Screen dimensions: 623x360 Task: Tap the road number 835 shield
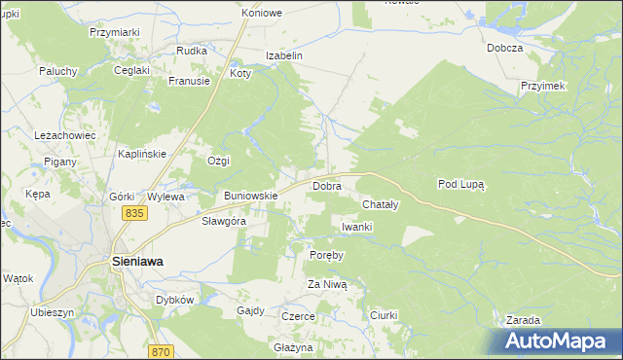coord(134,213)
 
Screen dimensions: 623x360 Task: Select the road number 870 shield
coord(162,351)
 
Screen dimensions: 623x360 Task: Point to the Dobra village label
coord(326,185)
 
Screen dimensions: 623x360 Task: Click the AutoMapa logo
coord(559,340)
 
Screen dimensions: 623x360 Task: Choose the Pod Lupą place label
coord(461,183)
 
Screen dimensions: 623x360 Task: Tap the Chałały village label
coord(380,205)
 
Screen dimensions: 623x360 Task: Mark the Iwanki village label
coord(356,227)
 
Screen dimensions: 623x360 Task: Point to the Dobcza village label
coord(505,48)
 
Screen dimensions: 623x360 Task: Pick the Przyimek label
coord(543,86)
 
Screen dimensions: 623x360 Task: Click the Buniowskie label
coord(251,196)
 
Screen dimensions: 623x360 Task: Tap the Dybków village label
coord(175,300)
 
